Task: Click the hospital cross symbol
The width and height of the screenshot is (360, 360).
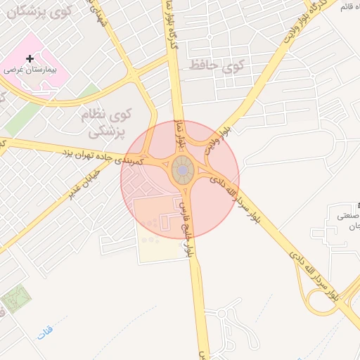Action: (29, 59)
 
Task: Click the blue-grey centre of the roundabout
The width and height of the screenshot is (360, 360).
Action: (182, 171)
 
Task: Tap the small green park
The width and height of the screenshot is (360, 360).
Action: (15, 302)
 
